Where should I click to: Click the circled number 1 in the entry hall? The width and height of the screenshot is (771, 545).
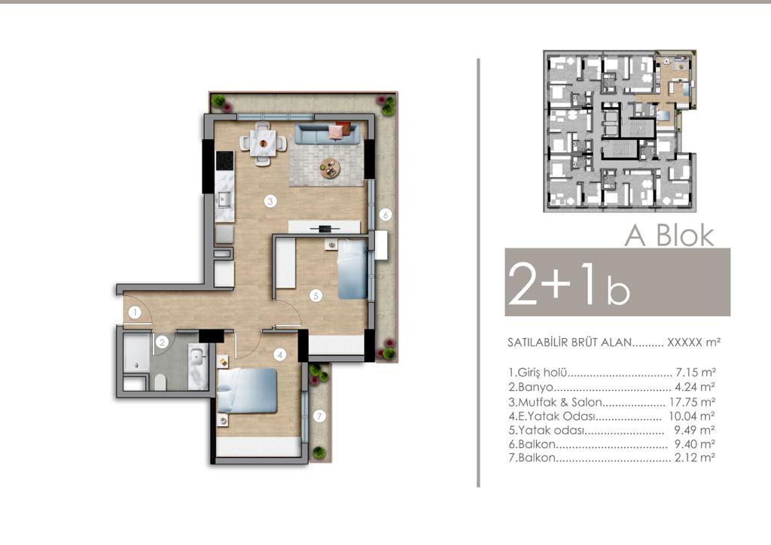point(135,312)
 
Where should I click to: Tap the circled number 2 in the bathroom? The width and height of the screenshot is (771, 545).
point(162,342)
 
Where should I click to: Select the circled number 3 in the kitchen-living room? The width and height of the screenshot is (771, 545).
point(270,201)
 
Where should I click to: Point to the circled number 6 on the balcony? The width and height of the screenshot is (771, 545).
point(385,215)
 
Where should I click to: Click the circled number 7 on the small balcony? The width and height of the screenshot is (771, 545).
point(319,416)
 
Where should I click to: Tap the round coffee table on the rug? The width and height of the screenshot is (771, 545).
point(330,168)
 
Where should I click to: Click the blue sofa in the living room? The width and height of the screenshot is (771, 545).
point(328,132)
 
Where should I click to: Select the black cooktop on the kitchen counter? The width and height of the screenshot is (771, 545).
point(224,160)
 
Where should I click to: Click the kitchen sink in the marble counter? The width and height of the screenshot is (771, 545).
point(225,199)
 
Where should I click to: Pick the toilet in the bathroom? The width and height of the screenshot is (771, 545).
point(160,382)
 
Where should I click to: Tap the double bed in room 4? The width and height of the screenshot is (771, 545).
point(247,391)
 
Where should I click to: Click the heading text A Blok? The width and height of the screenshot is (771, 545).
point(669,236)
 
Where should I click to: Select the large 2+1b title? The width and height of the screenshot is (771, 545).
point(569,284)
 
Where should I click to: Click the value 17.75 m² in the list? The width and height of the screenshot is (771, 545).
point(692,402)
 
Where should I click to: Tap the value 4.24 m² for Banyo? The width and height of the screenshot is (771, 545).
point(694,387)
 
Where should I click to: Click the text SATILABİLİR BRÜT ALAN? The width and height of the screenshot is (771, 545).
point(569,343)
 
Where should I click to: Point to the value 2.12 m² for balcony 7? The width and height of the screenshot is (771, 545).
point(694,458)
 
